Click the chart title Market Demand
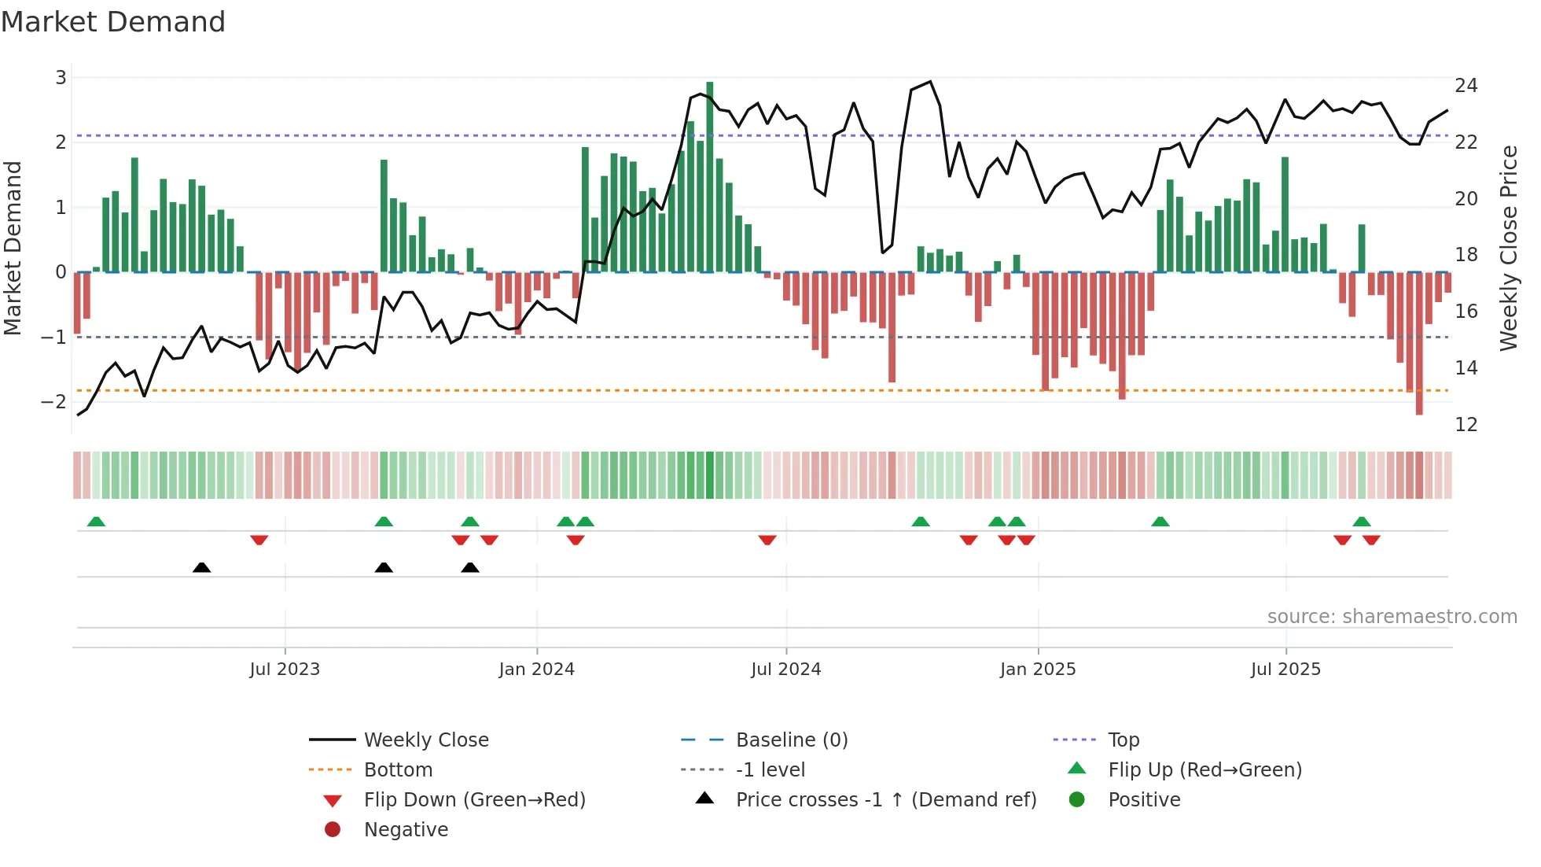(x=113, y=22)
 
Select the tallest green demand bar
(x=710, y=177)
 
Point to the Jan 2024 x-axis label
(x=536, y=670)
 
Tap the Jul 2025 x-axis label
(x=1285, y=670)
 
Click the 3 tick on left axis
(x=61, y=77)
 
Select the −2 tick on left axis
(x=54, y=401)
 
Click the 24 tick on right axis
(x=1466, y=85)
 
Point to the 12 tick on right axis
(x=1466, y=425)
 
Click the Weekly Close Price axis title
(x=1508, y=248)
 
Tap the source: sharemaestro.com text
(x=1392, y=616)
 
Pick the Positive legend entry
(x=1144, y=799)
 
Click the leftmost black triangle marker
(x=202, y=567)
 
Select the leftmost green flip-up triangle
(x=96, y=522)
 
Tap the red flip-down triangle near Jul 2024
(x=767, y=540)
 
